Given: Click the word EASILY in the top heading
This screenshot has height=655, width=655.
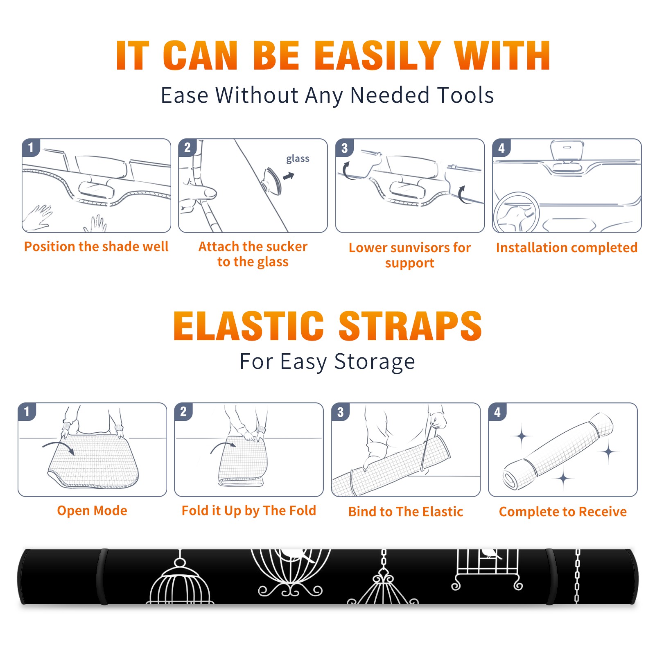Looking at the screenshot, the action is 378,56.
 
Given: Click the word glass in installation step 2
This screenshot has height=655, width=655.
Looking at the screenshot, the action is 298,159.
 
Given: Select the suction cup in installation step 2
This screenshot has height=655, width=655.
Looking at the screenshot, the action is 272,180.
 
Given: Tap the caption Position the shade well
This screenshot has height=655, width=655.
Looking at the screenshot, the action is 96,246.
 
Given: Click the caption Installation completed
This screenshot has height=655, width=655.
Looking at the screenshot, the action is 567,248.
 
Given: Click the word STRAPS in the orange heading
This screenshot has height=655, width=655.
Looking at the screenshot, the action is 411,326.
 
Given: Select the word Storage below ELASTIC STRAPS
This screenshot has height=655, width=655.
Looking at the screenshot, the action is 375,362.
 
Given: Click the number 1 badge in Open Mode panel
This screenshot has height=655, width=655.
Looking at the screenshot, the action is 27,411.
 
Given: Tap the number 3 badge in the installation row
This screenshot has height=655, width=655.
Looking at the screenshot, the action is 345,148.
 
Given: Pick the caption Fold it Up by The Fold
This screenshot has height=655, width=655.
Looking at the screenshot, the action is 249,511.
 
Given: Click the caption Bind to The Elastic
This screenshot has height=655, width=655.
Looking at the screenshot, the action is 406,512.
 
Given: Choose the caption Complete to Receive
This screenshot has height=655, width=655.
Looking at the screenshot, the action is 563,512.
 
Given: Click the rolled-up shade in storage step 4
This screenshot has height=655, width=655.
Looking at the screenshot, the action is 558,451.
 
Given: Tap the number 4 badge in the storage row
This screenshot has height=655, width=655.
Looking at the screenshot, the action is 497,412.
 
